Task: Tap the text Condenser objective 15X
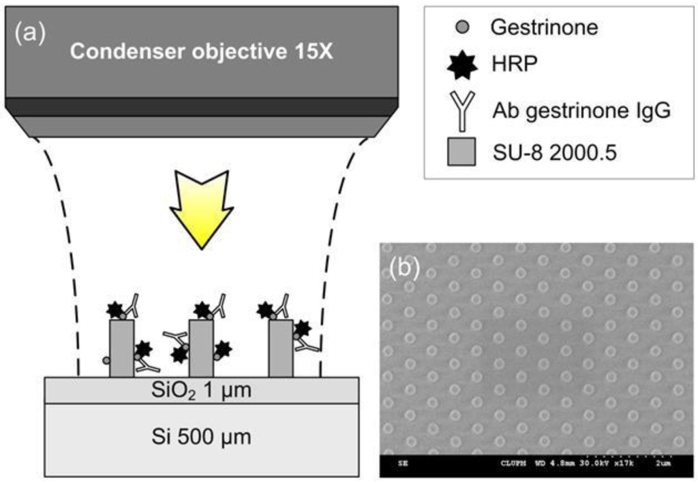click(x=202, y=52)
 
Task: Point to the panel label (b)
click(x=404, y=268)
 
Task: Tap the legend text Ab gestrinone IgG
click(x=581, y=111)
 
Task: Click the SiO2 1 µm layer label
click(x=202, y=391)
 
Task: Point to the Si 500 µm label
click(x=202, y=436)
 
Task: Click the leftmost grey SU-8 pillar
click(x=121, y=348)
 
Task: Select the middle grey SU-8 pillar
click(x=201, y=348)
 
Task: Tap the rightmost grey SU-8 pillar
click(x=280, y=348)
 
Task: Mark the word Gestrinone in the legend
click(x=544, y=28)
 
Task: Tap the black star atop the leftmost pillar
click(x=115, y=310)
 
